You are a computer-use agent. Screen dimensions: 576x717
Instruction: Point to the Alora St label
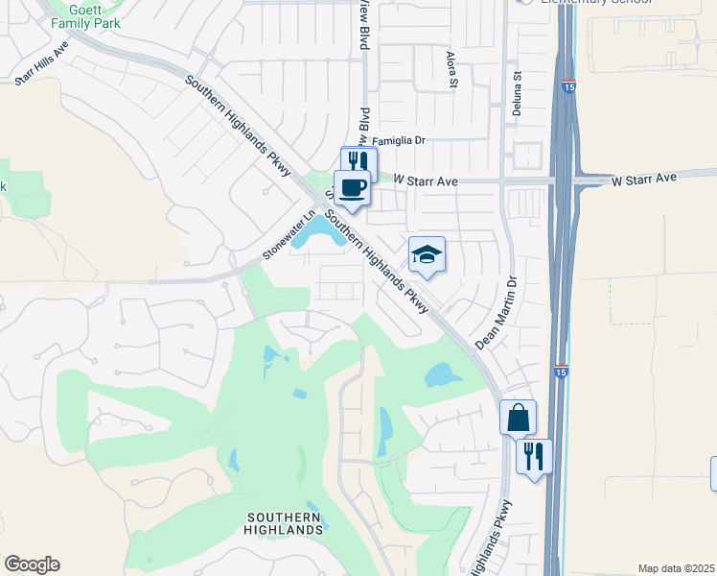coord(451,71)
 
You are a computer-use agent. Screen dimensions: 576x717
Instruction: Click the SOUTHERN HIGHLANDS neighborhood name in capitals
coord(283,523)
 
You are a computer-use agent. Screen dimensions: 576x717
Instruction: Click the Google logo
coord(32,564)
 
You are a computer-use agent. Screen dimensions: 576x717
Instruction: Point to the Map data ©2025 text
coord(676,568)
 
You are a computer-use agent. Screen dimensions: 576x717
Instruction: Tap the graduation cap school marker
coord(427,254)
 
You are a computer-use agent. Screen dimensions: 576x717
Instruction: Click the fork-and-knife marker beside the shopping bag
coord(534,455)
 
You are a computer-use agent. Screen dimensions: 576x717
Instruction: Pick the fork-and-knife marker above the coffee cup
coord(358,160)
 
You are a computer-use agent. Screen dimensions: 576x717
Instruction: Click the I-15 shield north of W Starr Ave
coord(569,87)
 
